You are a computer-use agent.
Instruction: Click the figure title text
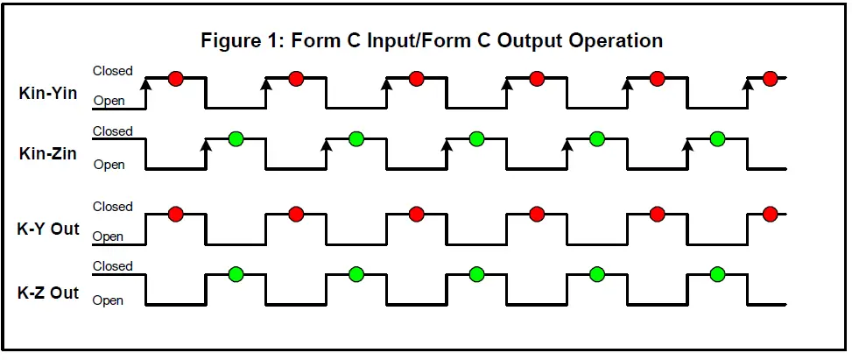pos(432,41)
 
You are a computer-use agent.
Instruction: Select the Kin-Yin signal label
pos(48,92)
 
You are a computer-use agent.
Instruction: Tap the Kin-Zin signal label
pos(48,153)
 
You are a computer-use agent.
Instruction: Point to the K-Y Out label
pos(48,229)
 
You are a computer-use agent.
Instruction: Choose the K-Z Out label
pos(48,293)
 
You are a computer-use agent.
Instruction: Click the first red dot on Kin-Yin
pos(175,79)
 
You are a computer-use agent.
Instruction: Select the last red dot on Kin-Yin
pos(770,79)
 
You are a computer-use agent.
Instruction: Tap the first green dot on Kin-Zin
pos(236,138)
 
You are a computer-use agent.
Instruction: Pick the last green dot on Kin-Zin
pos(717,138)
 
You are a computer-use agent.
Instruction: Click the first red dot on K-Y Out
pos(175,214)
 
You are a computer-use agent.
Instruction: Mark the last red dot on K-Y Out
pos(770,214)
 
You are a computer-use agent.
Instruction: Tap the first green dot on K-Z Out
pos(236,274)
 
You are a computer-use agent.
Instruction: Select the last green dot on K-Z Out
pos(717,274)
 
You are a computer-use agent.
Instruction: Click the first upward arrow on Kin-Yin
pos(145,84)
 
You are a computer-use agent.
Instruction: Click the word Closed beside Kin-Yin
pos(113,71)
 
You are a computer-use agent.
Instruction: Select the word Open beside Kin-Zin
pos(109,164)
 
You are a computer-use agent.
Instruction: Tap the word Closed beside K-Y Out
pos(113,207)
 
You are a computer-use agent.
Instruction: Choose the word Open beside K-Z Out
pos(109,300)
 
